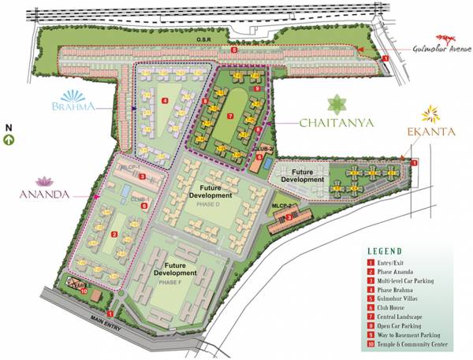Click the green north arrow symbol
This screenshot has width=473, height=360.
click(x=9, y=140)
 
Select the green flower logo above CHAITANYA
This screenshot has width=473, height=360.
click(x=336, y=103)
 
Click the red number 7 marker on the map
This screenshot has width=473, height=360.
click(x=229, y=116)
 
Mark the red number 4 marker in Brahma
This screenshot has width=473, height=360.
click(x=165, y=101)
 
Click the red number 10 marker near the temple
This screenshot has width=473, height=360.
click(x=84, y=290)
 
